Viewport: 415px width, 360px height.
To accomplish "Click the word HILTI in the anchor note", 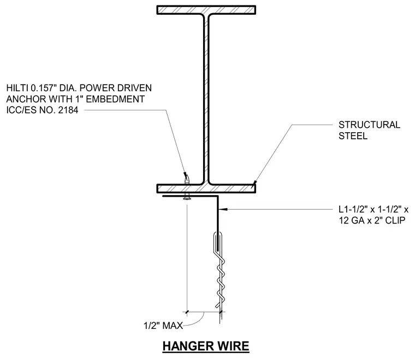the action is tap(17, 88).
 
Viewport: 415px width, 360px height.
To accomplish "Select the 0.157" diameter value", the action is tap(43, 88).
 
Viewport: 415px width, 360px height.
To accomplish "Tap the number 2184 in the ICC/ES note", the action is tap(68, 110).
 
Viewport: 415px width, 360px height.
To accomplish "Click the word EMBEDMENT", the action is tap(115, 99).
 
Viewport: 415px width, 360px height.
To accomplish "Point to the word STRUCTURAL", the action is tap(369, 125).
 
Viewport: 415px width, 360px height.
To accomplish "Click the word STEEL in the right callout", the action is tap(353, 136).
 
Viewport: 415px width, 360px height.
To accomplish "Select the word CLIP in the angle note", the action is tap(395, 221).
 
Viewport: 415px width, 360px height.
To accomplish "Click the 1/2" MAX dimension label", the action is tap(163, 326).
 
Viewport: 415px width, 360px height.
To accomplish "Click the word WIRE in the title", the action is tap(234, 346).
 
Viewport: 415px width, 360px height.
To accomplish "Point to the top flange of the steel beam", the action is tap(206, 10).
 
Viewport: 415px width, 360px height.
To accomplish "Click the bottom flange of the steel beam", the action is tap(206, 188).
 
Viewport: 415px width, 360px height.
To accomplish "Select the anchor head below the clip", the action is tap(187, 199).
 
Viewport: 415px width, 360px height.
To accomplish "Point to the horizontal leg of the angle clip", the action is tap(190, 196).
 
